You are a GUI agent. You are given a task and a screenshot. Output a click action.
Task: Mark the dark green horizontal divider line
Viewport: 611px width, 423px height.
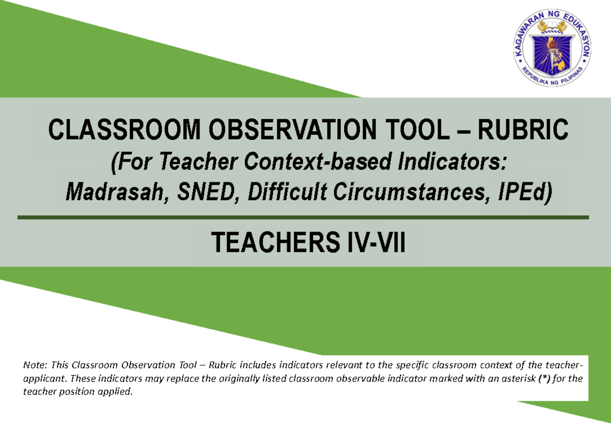pos(303,218)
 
